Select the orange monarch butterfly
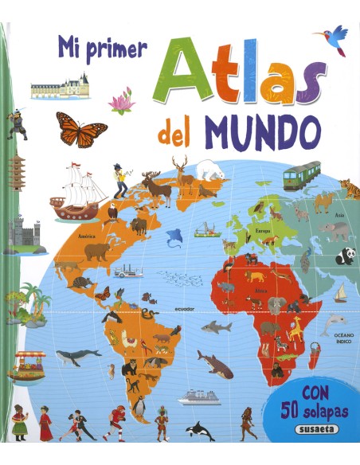tap(81, 129)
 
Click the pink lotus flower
tap(120, 101)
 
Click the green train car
tap(302, 174)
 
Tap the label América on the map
tap(86, 236)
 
